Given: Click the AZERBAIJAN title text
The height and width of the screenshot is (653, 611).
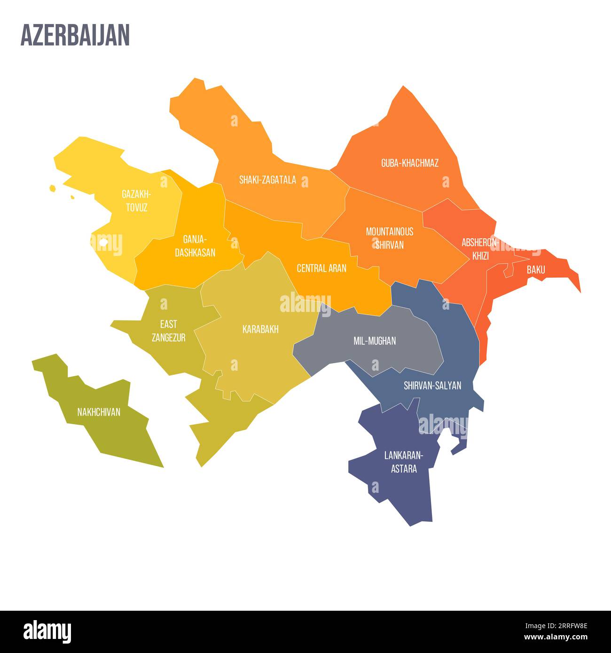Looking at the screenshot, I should point(75,36).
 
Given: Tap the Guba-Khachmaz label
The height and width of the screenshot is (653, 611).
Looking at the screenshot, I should point(409,163).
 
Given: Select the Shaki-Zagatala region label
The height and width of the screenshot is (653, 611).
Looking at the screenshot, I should point(267,179).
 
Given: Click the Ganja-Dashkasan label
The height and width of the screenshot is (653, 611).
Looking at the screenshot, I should point(195,246).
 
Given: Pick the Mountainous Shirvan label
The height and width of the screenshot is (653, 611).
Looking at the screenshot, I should point(390,238).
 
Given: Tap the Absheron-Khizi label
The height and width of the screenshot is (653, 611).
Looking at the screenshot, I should point(479,249).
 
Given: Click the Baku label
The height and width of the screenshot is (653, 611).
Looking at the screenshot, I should point(536,270).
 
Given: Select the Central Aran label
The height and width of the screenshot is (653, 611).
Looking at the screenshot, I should point(321,268).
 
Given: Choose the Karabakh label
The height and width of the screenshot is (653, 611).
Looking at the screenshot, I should point(260,329).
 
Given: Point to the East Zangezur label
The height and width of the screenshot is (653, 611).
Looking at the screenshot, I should point(168,330).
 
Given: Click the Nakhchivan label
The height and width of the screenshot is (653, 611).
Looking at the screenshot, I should point(99,412).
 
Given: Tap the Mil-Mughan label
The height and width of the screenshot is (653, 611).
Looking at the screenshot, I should point(375,341).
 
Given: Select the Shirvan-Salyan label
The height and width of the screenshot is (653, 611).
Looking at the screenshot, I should point(432,386).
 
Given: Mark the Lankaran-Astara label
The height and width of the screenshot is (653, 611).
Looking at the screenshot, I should point(404,462).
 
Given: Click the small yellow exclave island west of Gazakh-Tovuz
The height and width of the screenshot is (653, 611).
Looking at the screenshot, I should point(53,188).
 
